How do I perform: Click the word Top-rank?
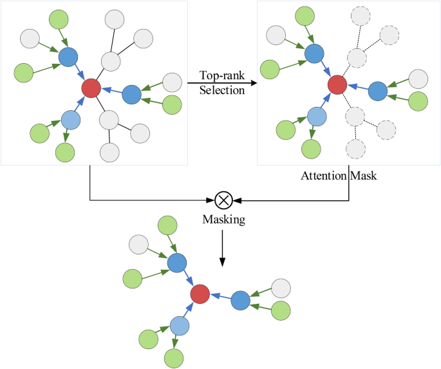(222, 76)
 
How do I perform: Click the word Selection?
(222, 90)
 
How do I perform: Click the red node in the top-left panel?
(91, 87)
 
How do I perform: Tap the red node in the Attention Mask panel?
(337, 84)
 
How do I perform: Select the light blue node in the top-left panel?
(71, 119)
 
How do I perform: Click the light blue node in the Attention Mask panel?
(317, 117)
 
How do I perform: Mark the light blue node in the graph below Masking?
(181, 325)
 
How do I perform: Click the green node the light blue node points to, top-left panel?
(65, 153)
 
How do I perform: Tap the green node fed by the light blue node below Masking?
(174, 357)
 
